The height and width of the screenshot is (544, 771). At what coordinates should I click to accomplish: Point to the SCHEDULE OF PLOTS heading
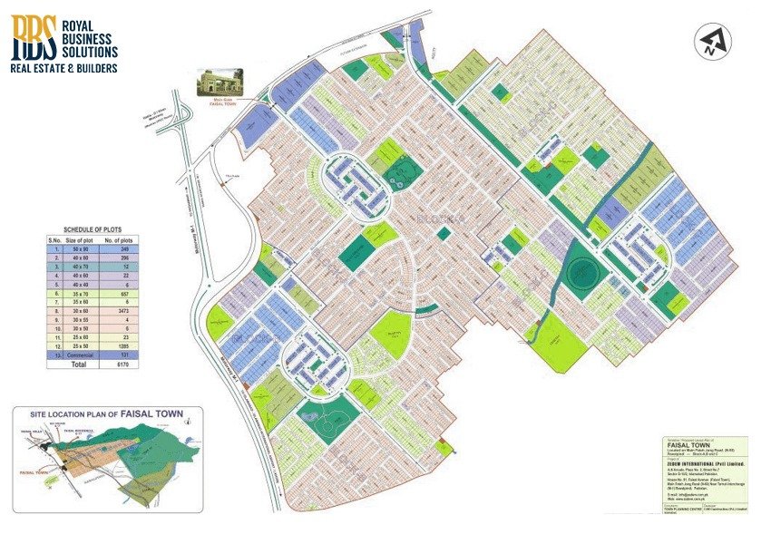tap(92, 230)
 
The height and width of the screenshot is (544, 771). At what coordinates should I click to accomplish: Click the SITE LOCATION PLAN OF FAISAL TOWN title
tap(107, 414)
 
